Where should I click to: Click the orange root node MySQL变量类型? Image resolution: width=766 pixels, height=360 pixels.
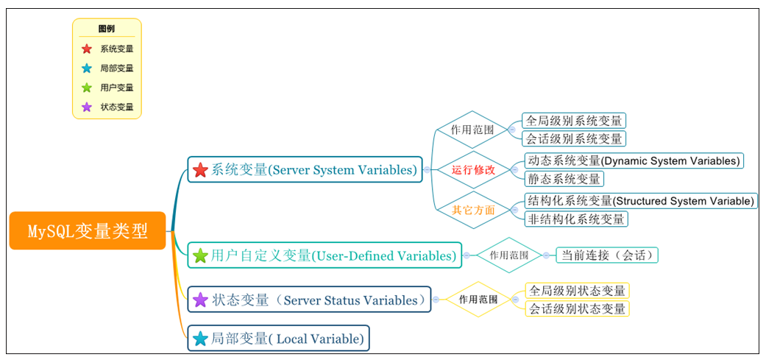88,231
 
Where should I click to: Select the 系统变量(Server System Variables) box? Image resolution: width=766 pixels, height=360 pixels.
305,170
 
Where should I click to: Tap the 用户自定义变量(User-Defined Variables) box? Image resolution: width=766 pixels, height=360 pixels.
325,256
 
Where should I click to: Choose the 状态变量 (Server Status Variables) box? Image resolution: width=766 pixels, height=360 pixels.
309,300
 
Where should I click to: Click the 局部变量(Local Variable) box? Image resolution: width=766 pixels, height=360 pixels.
278,339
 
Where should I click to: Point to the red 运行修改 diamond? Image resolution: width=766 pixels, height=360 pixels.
473,170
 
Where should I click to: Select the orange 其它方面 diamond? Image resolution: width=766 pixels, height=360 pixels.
473,211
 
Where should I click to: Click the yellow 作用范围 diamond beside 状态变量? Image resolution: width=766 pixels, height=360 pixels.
478,300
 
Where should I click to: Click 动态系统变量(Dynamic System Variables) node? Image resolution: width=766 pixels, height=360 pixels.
633,160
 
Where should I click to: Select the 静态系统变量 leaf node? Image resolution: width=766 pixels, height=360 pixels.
564,178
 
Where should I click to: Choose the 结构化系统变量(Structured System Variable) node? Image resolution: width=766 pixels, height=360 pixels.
639,201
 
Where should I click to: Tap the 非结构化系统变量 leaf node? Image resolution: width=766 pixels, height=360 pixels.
576,219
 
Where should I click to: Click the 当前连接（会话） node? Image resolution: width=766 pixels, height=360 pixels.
606,255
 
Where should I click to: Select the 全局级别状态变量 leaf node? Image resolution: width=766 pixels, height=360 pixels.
577,291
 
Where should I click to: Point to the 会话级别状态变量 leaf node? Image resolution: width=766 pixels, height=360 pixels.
577,308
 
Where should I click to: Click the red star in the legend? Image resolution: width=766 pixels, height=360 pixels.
87,49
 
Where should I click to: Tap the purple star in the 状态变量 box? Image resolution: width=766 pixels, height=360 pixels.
200,300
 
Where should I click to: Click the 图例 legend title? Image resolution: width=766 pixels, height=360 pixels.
107,29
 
